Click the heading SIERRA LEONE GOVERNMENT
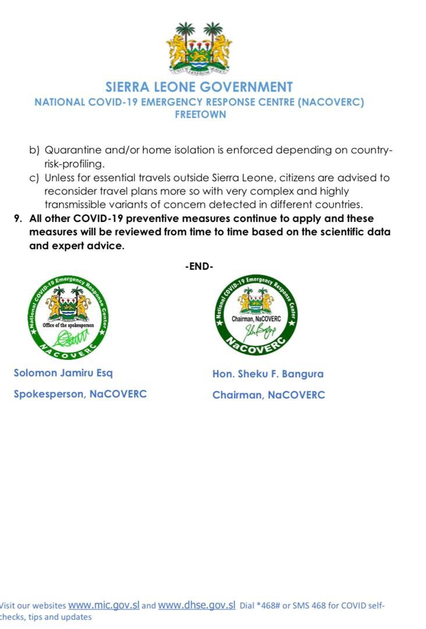click(199, 87)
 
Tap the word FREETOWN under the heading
click(200, 115)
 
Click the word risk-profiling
click(74, 164)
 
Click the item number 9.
click(19, 218)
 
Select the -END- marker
click(199, 267)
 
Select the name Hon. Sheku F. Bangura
click(268, 374)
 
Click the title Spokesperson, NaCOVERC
click(80, 394)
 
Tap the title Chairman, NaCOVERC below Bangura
click(268, 395)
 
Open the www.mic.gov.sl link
click(104, 605)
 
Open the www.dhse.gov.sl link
click(197, 605)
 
